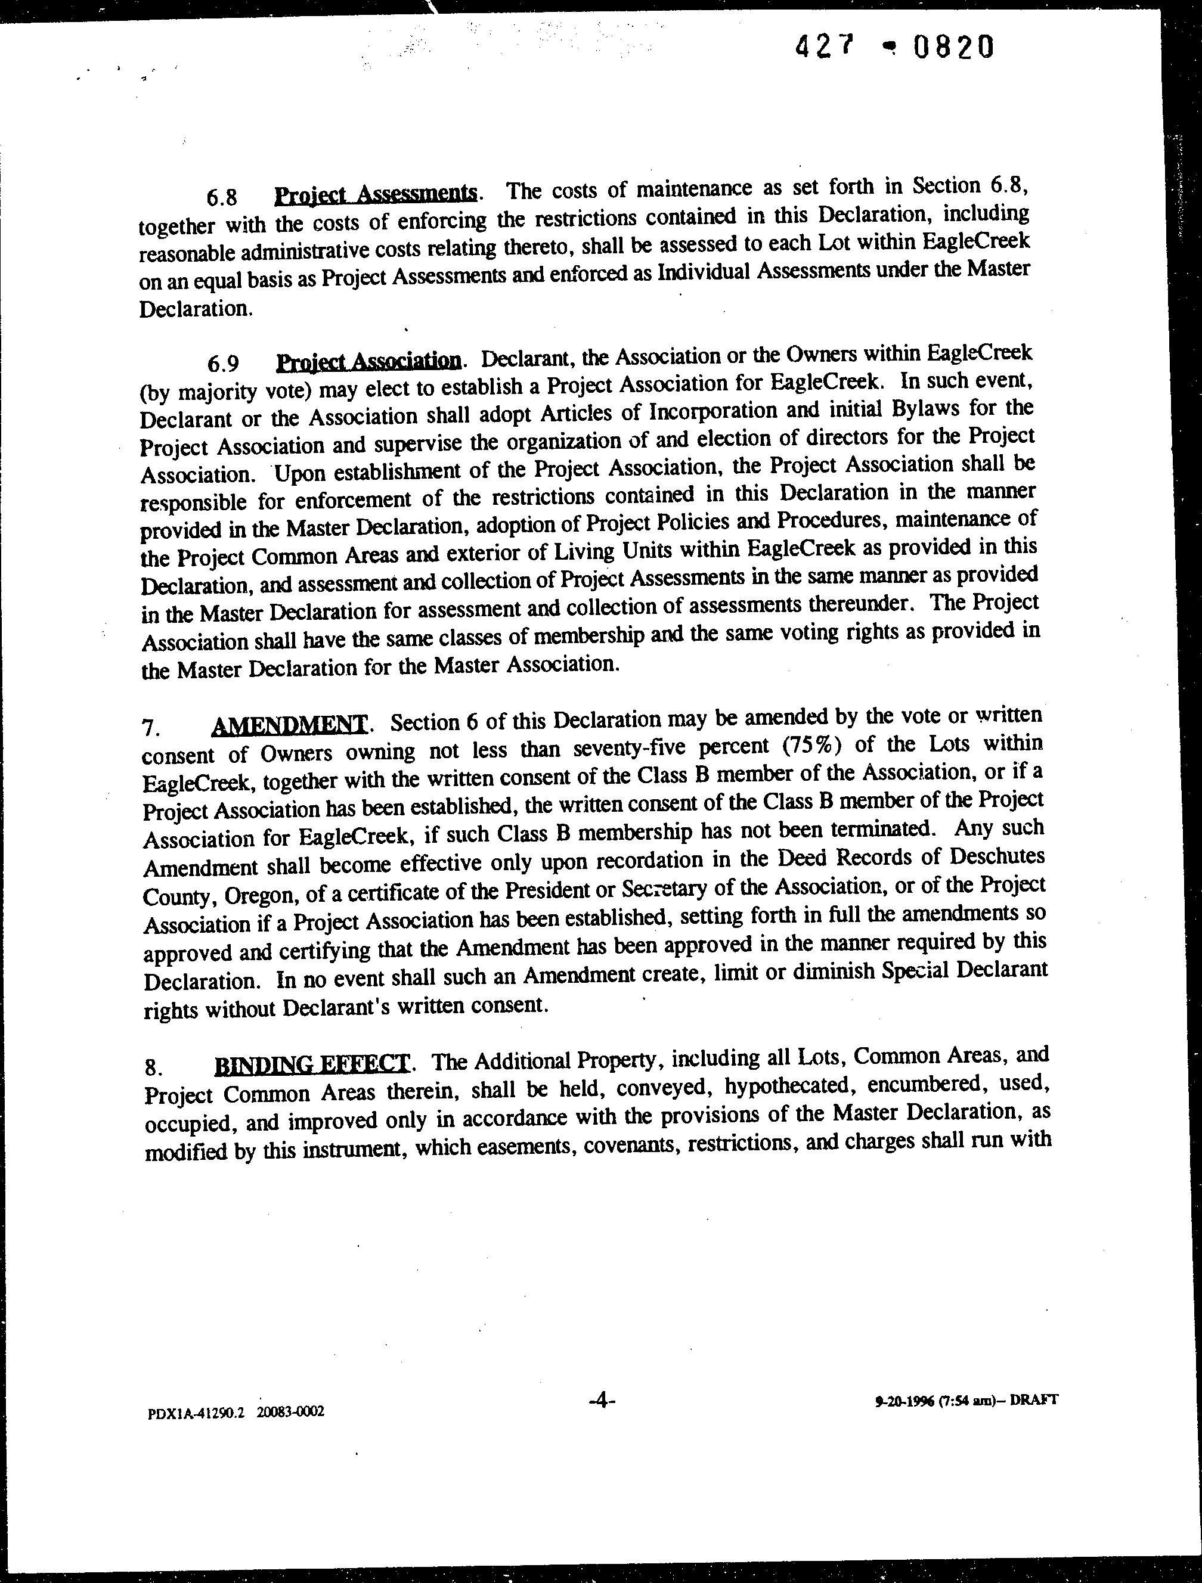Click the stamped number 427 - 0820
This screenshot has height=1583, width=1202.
pyautogui.click(x=894, y=47)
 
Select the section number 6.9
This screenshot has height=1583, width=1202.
pyautogui.click(x=222, y=364)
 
